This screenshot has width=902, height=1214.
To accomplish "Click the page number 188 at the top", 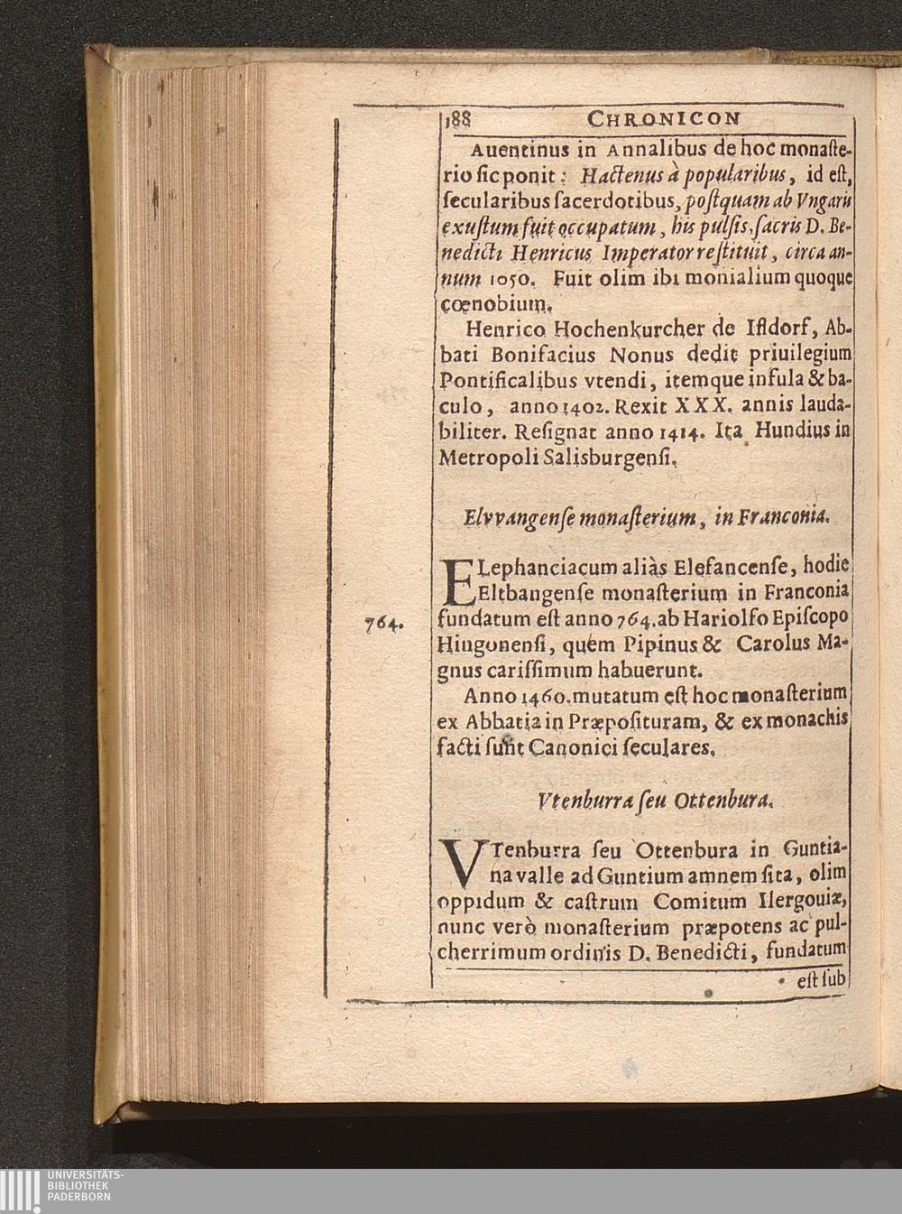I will pyautogui.click(x=459, y=118).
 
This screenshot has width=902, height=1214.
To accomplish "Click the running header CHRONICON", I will pyautogui.click(x=664, y=118).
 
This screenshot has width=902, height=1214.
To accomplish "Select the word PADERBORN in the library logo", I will pyautogui.click(x=78, y=1198).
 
